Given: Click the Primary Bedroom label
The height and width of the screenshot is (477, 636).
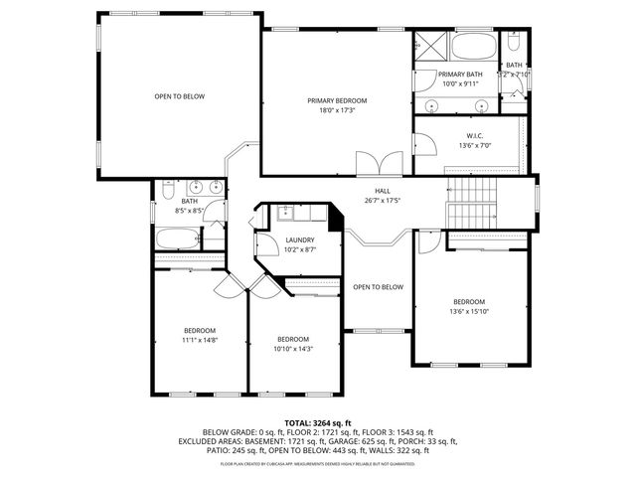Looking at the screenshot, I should (x=337, y=100).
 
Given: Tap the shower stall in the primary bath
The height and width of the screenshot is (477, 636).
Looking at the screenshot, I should (x=430, y=48).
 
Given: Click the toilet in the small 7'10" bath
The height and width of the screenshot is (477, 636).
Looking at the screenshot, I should (x=513, y=45).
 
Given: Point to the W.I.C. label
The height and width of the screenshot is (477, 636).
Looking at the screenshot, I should (x=474, y=135).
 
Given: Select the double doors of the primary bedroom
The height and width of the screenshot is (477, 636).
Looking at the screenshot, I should (x=380, y=163).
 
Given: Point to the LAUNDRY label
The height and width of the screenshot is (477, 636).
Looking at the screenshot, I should (x=299, y=239).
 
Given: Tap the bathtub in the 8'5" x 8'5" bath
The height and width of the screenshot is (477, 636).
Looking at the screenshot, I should (x=177, y=239).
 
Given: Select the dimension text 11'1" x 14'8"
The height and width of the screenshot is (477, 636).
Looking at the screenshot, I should (x=199, y=340).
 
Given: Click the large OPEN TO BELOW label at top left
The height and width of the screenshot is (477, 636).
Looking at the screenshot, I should (x=179, y=96).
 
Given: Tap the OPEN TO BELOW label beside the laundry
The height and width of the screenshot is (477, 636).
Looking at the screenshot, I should (x=379, y=287).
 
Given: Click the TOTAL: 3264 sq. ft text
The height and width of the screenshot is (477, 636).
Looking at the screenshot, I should (x=317, y=422).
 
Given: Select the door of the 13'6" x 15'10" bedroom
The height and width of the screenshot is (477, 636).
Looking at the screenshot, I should (x=427, y=241).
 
